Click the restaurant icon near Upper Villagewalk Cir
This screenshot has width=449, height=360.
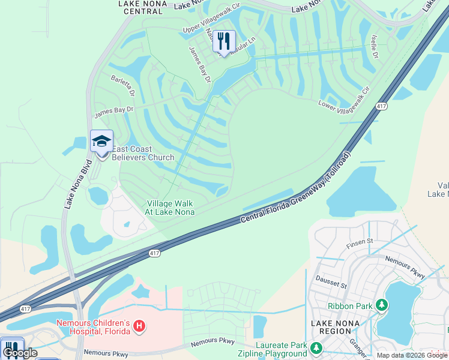[224, 41]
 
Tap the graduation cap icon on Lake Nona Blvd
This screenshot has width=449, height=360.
[101, 142]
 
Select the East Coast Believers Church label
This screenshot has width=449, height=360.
[142, 153]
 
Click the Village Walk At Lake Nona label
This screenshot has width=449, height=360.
[170, 208]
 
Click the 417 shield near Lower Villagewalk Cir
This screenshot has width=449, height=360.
[381, 106]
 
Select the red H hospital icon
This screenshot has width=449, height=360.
[139, 326]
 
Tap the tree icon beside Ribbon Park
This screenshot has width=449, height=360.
[381, 306]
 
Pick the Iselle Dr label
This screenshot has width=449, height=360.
[374, 46]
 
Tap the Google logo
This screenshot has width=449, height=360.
[19, 353]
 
